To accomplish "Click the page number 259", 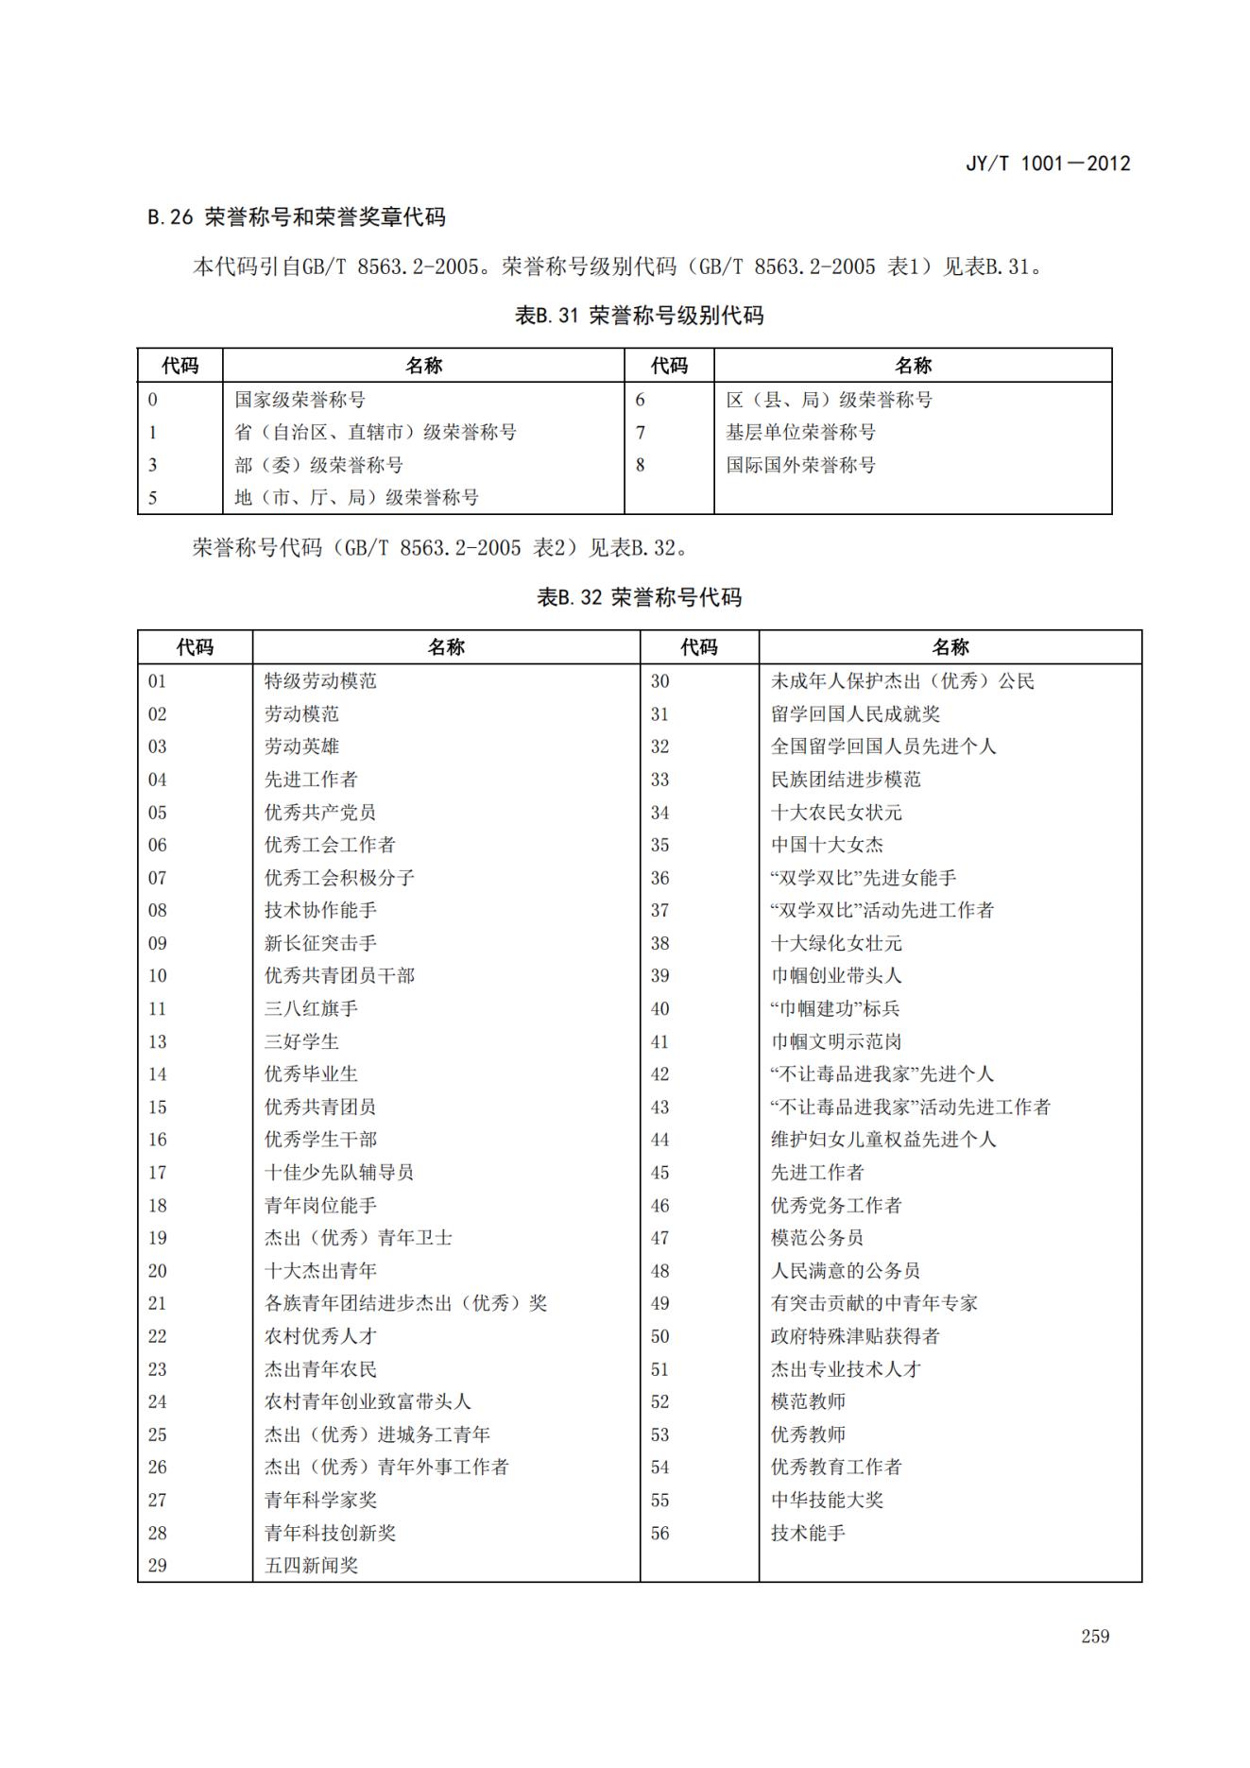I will tap(1095, 1636).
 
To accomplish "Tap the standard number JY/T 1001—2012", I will tap(1047, 163).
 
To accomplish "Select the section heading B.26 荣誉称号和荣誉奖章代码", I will tap(297, 217).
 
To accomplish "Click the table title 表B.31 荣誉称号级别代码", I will tap(639, 316).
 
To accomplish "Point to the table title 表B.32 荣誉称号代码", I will tap(639, 597).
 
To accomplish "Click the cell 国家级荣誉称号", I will tap(300, 400).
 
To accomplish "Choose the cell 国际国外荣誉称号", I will tap(800, 465).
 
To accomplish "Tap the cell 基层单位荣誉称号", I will tap(800, 432).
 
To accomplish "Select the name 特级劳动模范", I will tap(320, 681).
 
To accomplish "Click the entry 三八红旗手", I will tap(311, 1008).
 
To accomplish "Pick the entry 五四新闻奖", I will tap(311, 1565).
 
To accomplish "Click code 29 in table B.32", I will tap(158, 1565).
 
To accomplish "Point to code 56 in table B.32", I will tap(659, 1533).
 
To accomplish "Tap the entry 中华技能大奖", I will tap(827, 1500).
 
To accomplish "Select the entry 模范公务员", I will tap(817, 1238).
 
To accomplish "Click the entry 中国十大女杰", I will tap(827, 845).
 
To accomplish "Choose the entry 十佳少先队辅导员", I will tap(338, 1173).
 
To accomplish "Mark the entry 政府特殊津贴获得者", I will tap(855, 1336).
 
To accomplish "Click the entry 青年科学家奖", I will tap(320, 1500).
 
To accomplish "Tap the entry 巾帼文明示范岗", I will tap(836, 1041).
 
